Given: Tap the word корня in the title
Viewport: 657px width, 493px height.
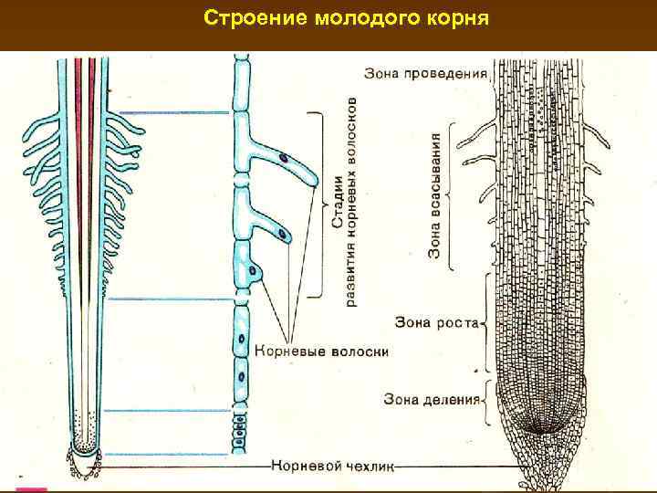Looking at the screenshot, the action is (456, 18).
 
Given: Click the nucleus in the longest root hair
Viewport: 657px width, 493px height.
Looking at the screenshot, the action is (283, 159).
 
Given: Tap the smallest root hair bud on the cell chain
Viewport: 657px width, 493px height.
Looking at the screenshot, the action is (260, 271).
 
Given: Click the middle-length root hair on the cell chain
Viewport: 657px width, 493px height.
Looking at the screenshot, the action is (276, 228).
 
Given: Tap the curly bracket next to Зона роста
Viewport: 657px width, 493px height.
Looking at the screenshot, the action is (485, 321).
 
